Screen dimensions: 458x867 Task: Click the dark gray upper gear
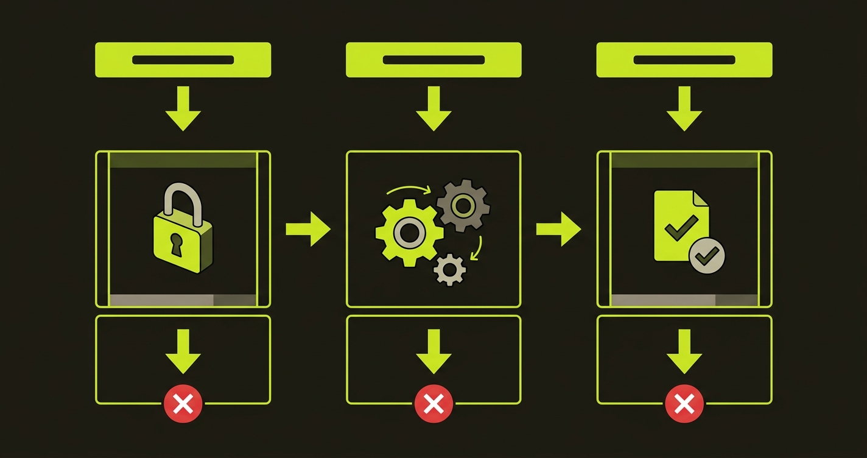[463, 206]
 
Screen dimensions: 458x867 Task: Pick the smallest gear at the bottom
[450, 269]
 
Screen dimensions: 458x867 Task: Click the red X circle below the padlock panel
[183, 403]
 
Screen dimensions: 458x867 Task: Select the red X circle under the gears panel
[433, 403]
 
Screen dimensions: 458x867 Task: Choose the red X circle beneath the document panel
[684, 403]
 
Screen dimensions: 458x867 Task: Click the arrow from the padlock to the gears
[308, 229]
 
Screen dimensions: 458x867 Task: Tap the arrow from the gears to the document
[558, 229]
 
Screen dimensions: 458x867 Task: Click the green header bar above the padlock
[183, 60]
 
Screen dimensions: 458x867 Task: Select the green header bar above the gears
[433, 60]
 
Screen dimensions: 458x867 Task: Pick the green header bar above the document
[684, 60]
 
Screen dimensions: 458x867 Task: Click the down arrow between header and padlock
[183, 108]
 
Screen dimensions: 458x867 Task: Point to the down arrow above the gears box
[433, 108]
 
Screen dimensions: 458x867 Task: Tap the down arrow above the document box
[684, 108]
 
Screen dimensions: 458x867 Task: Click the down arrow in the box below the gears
[433, 351]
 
